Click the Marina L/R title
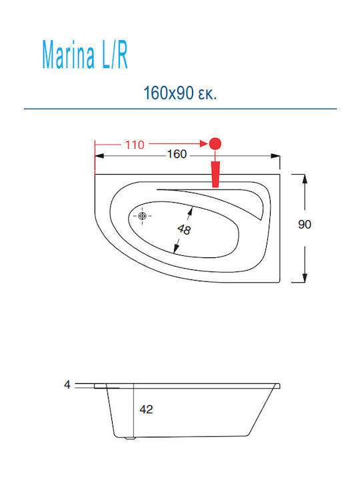point(85,55)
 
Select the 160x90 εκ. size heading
point(180,93)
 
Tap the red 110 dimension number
point(135,145)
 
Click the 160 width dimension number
point(177,154)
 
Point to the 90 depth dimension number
point(304,225)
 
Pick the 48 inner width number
point(184,229)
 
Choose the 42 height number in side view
point(146,409)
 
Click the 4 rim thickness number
point(67,385)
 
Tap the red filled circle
point(215,143)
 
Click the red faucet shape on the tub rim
point(215,174)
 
